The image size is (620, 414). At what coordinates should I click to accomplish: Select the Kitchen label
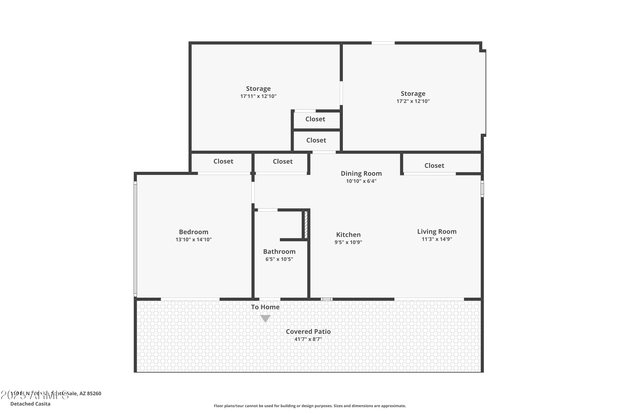point(348,235)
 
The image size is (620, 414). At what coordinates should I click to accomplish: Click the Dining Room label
point(361,173)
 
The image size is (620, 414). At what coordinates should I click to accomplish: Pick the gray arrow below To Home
point(265,318)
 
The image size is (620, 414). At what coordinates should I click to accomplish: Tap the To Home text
point(265,307)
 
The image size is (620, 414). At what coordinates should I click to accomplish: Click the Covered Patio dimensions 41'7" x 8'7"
point(308,339)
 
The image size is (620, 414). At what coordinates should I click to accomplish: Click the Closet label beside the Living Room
point(434,166)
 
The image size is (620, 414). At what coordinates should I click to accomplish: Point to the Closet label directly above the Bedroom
point(223,161)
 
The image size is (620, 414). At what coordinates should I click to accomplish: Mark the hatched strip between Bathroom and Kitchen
point(306,225)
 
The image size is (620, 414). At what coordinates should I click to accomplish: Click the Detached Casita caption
point(30,404)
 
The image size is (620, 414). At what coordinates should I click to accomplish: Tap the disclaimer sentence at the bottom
point(310,406)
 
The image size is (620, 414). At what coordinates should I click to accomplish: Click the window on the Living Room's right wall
point(482,189)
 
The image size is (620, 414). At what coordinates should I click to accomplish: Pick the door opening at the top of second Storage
point(383,43)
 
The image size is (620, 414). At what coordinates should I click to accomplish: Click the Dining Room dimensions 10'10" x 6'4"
point(361,181)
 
